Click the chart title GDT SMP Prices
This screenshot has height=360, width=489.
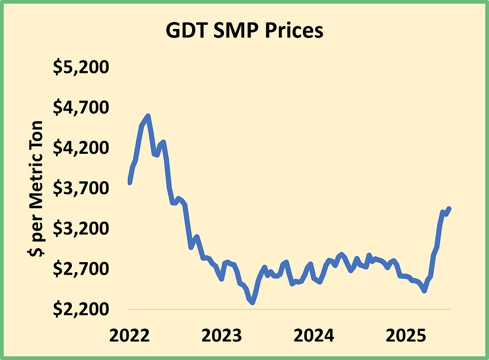click(244, 31)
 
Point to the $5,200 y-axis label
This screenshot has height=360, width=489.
click(81, 67)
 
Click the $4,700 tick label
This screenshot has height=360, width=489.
click(81, 108)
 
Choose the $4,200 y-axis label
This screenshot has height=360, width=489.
click(81, 148)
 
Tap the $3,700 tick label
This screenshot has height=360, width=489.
click(81, 189)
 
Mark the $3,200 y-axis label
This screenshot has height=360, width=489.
click(81, 229)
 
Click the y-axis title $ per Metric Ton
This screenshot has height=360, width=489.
click(37, 188)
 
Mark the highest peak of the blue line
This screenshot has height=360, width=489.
click(148, 116)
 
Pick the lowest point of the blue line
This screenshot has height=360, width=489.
click(253, 303)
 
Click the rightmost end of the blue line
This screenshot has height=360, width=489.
click(450, 208)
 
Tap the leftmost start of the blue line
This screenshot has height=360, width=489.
click(129, 183)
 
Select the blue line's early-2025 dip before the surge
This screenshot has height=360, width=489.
click(424, 290)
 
